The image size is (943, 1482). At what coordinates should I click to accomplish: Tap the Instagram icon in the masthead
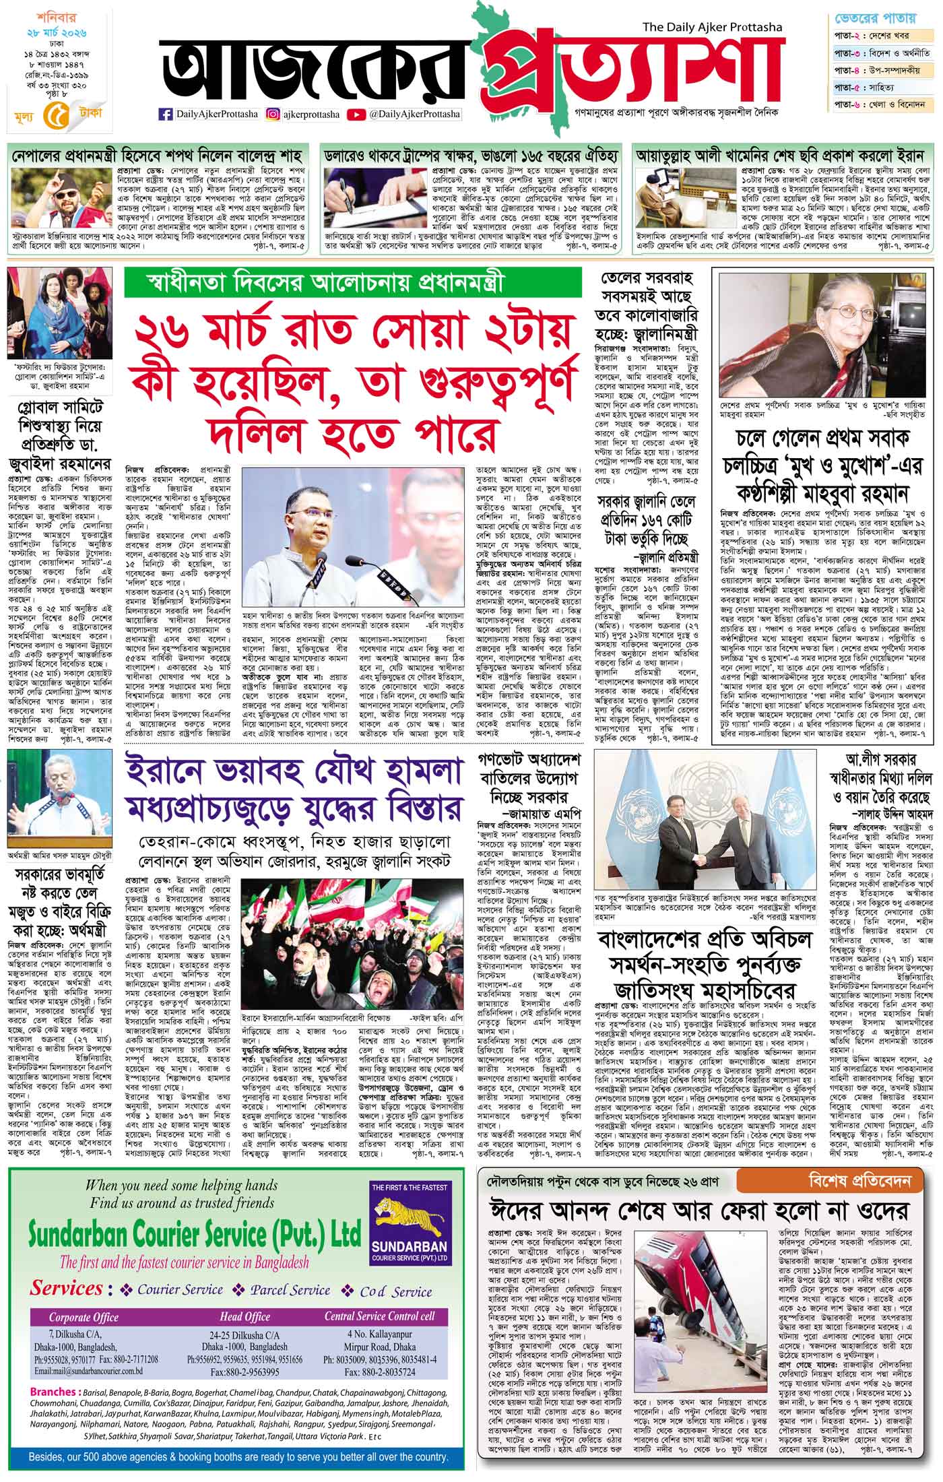pos(272,115)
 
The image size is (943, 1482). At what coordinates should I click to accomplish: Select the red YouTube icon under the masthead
pos(356,115)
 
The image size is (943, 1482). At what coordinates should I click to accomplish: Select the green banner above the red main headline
pos(353,283)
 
